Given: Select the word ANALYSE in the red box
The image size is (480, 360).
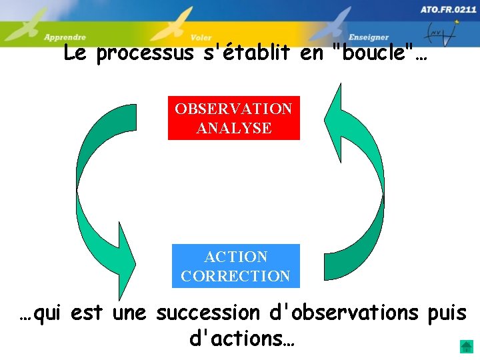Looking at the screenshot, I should pyautogui.click(x=234, y=128).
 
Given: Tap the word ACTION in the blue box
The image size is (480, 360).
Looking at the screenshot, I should pyautogui.click(x=236, y=257).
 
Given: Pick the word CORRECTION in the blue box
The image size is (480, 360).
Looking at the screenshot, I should pyautogui.click(x=235, y=276).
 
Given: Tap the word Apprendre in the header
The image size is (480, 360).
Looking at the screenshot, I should pyautogui.click(x=65, y=37).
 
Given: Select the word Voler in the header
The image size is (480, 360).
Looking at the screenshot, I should pyautogui.click(x=201, y=38).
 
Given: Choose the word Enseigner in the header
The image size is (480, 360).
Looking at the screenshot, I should pyautogui.click(x=369, y=37).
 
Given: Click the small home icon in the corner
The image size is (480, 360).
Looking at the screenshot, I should pyautogui.click(x=466, y=347).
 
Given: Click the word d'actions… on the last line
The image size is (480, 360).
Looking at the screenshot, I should pyautogui.click(x=242, y=339).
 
